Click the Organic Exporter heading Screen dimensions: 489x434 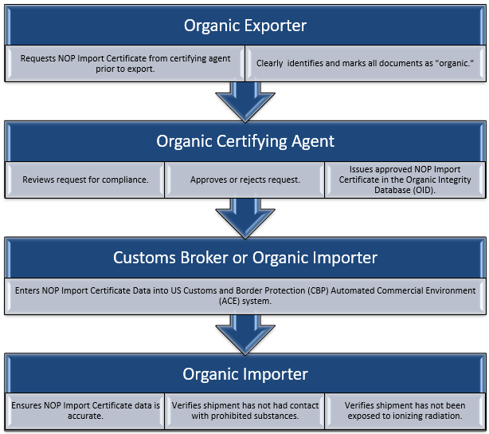(245, 26)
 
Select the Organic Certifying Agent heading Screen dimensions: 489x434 (245, 141)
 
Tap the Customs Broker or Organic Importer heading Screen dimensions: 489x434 (245, 258)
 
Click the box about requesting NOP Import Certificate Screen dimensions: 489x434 (125, 64)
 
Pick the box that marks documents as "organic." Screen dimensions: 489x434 (366, 64)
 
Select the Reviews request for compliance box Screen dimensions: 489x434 (85, 180)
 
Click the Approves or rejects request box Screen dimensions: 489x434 (244, 180)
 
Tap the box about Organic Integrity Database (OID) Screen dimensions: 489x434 (405, 180)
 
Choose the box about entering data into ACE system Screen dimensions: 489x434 (245, 296)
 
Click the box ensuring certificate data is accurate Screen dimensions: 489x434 (85, 411)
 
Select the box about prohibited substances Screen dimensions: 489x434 (244, 411)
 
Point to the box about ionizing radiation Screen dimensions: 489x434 (405, 411)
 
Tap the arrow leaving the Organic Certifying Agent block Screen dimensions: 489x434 (245, 219)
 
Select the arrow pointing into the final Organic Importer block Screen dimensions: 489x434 (245, 335)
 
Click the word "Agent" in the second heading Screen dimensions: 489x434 (313, 141)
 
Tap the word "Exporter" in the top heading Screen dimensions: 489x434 (275, 26)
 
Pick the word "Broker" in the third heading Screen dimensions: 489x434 (204, 258)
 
